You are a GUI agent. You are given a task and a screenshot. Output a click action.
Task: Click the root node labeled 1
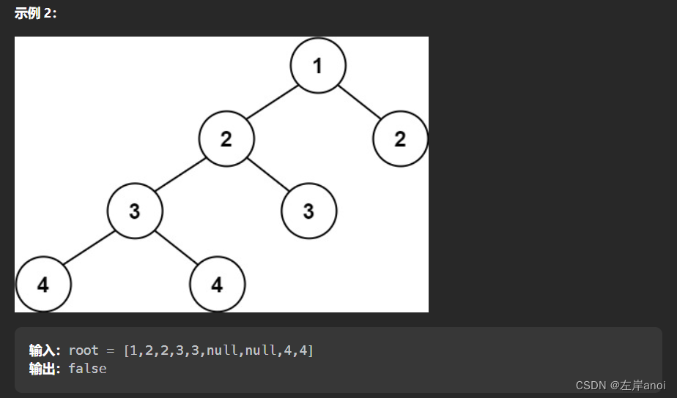317,66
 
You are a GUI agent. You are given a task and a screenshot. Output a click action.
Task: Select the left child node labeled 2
226,138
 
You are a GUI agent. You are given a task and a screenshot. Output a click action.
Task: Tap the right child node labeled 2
400,138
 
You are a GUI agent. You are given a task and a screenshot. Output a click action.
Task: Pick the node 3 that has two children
135,211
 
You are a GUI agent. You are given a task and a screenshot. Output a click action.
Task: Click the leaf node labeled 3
308,211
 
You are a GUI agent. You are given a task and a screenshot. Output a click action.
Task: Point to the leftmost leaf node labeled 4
43,284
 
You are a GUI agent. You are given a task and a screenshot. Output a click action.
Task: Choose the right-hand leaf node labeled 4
217,284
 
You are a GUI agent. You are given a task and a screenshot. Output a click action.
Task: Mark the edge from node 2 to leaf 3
267,175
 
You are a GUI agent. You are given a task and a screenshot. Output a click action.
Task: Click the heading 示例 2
35,13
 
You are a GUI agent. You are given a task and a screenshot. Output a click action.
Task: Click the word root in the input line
84,350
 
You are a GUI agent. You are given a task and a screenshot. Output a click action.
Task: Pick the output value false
88,369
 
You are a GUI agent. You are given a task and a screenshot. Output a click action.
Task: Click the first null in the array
221,350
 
